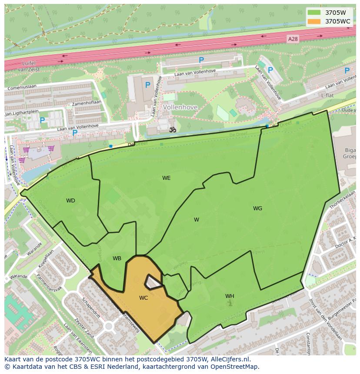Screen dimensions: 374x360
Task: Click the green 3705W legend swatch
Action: point(314,13)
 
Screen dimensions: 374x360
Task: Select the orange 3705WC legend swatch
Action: point(314,21)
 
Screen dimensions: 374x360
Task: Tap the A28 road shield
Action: point(293,39)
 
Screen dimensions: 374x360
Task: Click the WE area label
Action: point(166,178)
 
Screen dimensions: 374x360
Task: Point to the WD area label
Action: point(70,201)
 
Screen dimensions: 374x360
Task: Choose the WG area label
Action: point(257,209)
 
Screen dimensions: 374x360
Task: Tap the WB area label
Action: point(117,258)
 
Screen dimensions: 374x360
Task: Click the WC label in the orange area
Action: point(143,298)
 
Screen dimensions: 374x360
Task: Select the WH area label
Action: point(230,296)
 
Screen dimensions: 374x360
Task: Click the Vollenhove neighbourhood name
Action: point(180,107)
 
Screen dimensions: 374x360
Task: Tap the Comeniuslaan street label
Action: point(21,87)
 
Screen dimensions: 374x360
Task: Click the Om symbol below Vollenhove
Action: point(172,129)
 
